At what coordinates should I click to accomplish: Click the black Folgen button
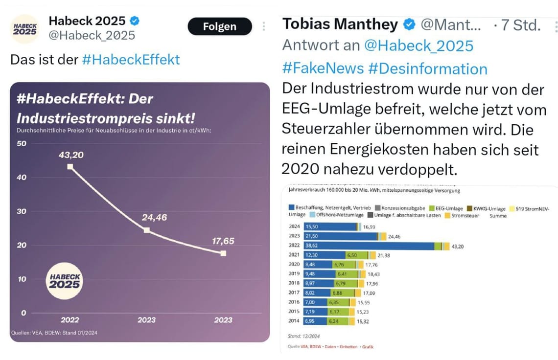coord(219,26)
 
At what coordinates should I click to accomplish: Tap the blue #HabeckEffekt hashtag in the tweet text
coord(131,60)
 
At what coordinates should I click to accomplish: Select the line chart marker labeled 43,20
coord(70,167)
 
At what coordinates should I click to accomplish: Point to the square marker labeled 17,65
coord(223,253)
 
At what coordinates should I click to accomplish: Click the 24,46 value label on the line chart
coord(154,217)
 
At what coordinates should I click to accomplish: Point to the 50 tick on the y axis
coord(22,143)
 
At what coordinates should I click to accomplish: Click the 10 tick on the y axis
coord(22,279)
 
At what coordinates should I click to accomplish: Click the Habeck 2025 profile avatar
coord(24,29)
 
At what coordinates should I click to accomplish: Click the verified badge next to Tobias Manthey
coord(409,24)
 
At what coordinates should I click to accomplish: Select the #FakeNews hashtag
coord(323,68)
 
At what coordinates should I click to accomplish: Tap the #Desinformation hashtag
coord(427,68)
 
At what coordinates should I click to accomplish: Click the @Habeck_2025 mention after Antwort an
coord(419,45)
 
